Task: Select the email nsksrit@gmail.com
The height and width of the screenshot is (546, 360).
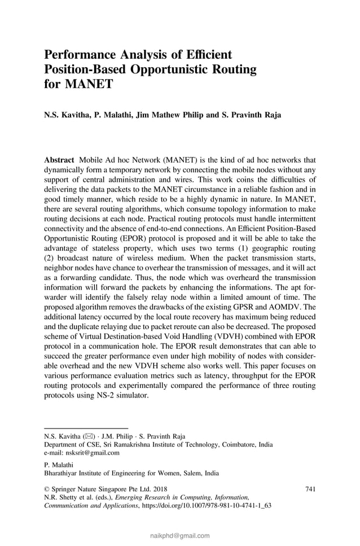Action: pyautogui.click(x=91, y=452)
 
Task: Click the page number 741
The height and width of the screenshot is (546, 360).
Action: pyautogui.click(x=310, y=488)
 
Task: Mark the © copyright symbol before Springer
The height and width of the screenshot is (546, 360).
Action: pyautogui.click(x=47, y=489)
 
